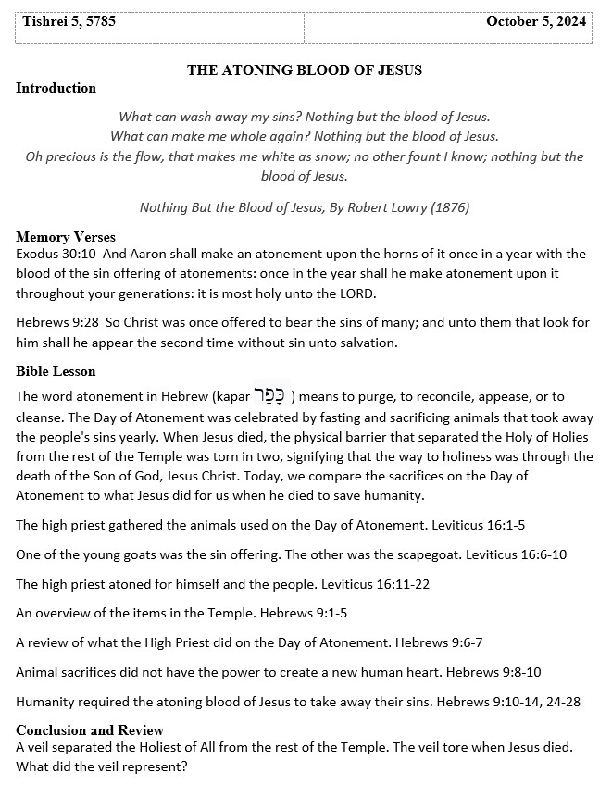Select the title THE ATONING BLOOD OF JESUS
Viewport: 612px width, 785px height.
(x=305, y=69)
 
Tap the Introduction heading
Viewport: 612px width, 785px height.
(x=56, y=88)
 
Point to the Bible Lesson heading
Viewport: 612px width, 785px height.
(x=56, y=371)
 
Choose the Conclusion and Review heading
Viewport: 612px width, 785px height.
(x=90, y=729)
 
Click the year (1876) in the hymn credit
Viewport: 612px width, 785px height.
(x=449, y=207)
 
